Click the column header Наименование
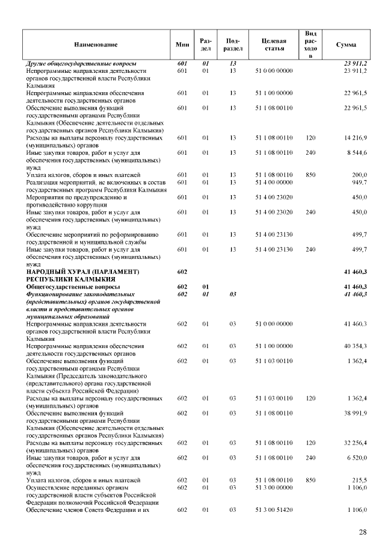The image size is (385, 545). coord(96,45)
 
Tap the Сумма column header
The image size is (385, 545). coord(346,45)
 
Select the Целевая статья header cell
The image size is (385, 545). coord(274,45)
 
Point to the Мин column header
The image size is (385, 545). coord(182,45)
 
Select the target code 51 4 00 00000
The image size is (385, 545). coord(274,182)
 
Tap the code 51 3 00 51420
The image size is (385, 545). coord(274,510)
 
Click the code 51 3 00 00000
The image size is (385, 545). coord(274,487)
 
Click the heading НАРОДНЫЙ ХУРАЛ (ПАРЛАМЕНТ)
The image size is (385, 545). coord(82,272)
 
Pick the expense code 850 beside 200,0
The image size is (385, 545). coord(310,175)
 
